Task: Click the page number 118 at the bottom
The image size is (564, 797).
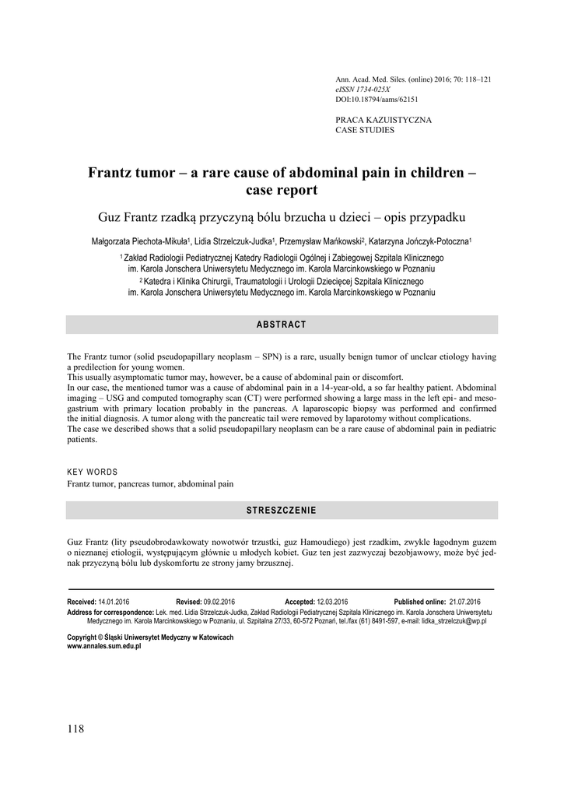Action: pyautogui.click(x=75, y=729)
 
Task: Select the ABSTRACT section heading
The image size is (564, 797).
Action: pyautogui.click(x=282, y=325)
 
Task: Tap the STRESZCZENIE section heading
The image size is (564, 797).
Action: pyautogui.click(x=282, y=511)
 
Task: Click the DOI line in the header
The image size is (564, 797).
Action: pyautogui.click(x=377, y=100)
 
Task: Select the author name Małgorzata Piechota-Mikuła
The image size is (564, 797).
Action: pyautogui.click(x=138, y=242)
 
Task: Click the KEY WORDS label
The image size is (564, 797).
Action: pyautogui.click(x=93, y=472)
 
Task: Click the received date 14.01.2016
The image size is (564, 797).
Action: pyautogui.click(x=114, y=602)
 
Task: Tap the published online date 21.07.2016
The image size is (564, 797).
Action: pyautogui.click(x=465, y=602)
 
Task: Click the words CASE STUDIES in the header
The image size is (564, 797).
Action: pyautogui.click(x=364, y=130)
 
